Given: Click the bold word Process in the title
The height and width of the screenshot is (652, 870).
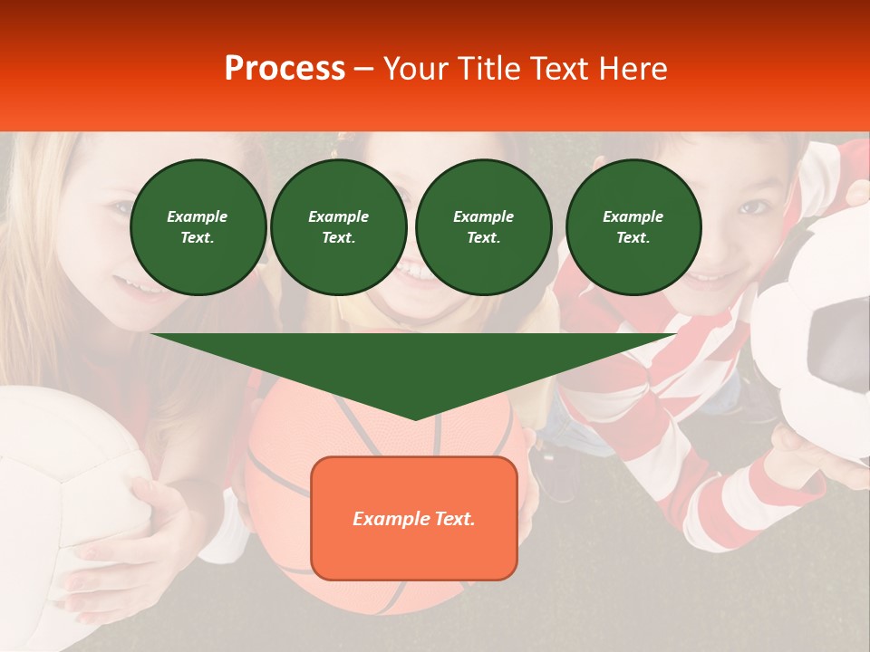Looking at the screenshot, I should tap(285, 69).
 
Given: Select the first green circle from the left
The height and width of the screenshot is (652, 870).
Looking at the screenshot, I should tap(198, 227).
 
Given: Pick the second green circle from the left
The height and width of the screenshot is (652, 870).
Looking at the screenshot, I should tap(338, 227).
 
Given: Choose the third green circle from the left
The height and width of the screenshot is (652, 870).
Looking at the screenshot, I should tap(483, 227).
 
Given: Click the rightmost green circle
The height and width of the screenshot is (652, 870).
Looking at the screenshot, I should tap(633, 227).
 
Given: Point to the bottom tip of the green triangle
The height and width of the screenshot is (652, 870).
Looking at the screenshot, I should tap(415, 418).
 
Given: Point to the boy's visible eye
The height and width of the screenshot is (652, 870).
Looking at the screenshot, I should tap(751, 207).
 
